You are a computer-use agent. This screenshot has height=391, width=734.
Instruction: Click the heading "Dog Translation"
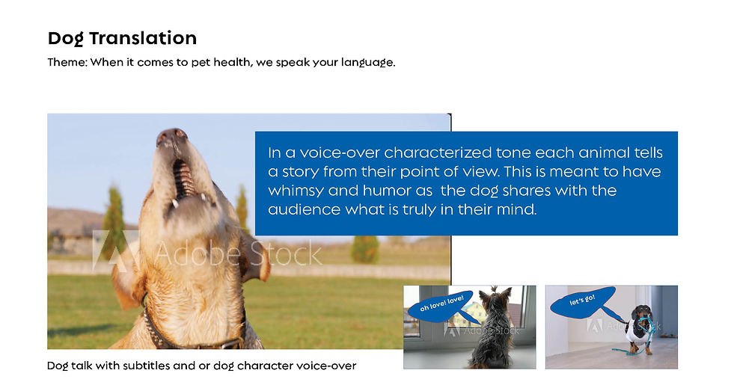122,38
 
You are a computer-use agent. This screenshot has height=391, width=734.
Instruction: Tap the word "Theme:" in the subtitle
67,62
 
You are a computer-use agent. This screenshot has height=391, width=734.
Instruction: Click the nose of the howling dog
172,136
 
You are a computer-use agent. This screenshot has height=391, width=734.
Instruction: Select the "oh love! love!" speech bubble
439,307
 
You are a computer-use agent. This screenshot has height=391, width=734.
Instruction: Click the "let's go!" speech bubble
583,303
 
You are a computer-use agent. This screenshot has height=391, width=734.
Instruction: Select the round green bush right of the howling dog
365,249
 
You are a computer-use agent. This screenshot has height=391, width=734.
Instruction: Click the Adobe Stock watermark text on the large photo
238,254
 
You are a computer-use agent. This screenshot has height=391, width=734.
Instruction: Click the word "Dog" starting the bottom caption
58,366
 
